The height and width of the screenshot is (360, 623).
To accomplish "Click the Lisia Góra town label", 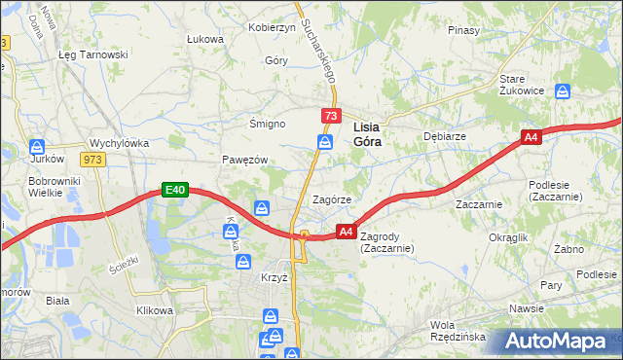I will (x=366, y=133).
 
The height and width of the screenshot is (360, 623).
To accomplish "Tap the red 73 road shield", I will (x=331, y=117).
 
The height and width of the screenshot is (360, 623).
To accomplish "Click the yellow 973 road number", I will (x=93, y=160).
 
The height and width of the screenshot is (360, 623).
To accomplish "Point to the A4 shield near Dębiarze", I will (x=531, y=138).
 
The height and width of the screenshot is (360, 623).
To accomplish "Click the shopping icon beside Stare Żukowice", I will (x=563, y=91).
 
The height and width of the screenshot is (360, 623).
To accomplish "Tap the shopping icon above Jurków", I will (x=38, y=143).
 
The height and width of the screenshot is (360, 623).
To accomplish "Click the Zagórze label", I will (x=331, y=199).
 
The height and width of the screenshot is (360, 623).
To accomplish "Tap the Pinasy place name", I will (x=463, y=30).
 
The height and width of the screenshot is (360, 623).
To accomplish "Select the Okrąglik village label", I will (x=508, y=236).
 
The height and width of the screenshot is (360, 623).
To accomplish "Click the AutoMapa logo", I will (x=559, y=342).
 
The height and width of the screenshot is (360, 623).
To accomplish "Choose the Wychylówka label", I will (x=119, y=142).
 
